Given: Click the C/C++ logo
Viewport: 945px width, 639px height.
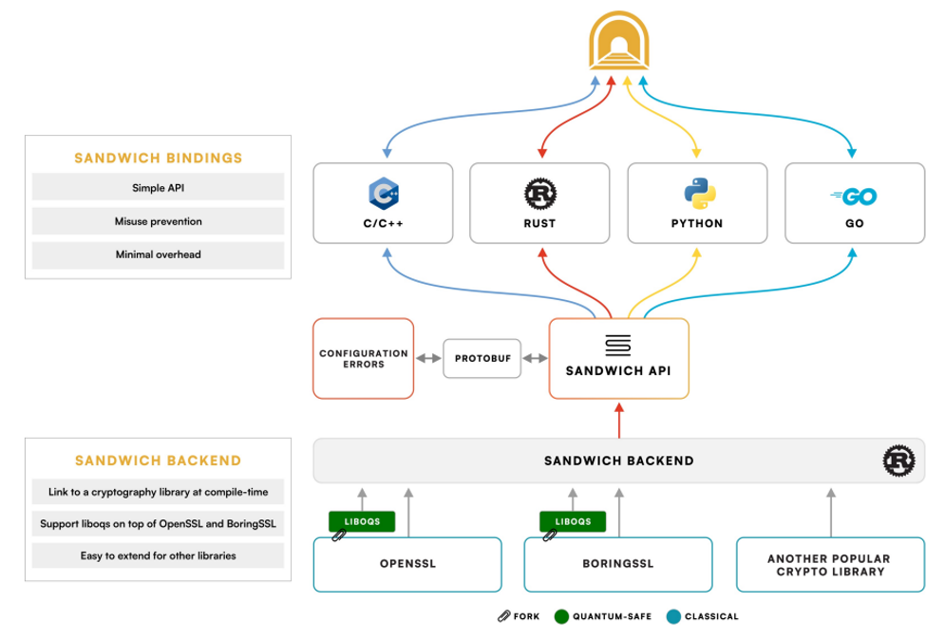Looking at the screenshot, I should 386,194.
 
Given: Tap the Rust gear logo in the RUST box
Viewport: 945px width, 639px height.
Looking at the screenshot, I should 540,194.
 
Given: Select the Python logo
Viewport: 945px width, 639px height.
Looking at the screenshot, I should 697,193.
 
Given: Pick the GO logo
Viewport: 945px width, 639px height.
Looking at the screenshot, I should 854,197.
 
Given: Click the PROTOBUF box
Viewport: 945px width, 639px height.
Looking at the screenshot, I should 482,358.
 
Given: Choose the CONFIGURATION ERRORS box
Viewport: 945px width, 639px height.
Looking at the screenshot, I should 364,358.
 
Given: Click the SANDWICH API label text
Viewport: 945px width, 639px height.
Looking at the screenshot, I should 618,371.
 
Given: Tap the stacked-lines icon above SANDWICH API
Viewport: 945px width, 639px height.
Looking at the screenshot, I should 618,345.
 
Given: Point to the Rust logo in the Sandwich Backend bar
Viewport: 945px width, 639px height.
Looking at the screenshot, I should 899,460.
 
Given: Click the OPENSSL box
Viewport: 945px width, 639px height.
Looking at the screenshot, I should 406,564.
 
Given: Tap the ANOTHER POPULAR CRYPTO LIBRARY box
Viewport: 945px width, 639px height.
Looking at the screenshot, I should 830,564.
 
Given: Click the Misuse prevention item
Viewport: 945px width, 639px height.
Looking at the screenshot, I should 158,221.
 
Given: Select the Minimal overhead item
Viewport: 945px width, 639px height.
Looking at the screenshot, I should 158,254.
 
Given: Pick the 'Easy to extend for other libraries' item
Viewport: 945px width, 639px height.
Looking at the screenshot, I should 158,555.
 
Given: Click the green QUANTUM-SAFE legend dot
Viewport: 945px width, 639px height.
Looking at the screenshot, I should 562,616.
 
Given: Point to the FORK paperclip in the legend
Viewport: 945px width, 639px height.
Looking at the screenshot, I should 503,616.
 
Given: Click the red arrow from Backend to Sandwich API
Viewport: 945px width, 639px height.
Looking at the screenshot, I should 618,421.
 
